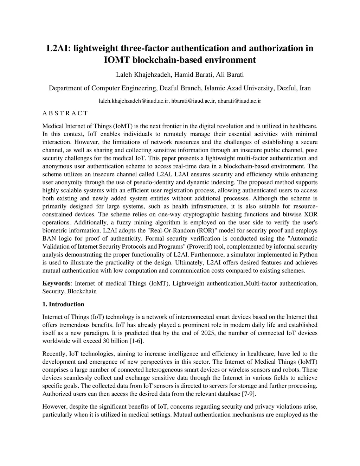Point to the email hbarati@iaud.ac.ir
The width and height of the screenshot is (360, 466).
(x=193, y=101)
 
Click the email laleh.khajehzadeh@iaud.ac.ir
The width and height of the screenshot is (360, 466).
(x=134, y=101)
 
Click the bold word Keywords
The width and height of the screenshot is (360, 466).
(x=56, y=283)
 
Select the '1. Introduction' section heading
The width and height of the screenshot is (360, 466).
(x=63, y=304)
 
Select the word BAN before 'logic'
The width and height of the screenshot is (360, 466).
(x=48, y=238)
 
